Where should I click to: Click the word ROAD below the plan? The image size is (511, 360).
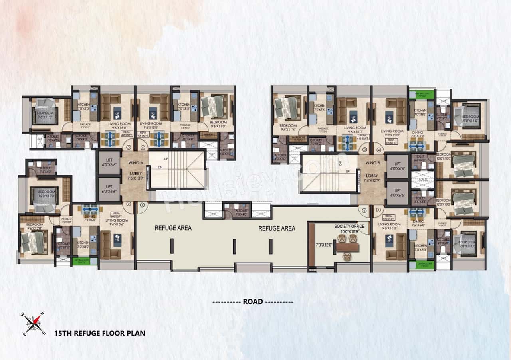coord(253,302)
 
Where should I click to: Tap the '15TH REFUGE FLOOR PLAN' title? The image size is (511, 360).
coord(100,333)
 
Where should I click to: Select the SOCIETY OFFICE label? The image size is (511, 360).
coord(350,226)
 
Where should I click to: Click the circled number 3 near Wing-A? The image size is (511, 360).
coord(129,147)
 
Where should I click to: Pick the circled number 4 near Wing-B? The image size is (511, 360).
coord(378,150)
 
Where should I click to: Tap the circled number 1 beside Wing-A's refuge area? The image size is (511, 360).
coord(143,206)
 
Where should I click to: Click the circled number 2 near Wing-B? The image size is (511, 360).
coord(364,210)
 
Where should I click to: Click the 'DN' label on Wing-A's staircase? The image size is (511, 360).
coord(160,167)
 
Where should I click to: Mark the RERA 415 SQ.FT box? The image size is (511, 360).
coord(362,136)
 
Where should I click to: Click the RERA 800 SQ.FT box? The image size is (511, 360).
coord(117,214)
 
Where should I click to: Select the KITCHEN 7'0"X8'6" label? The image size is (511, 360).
coord(319,107)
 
